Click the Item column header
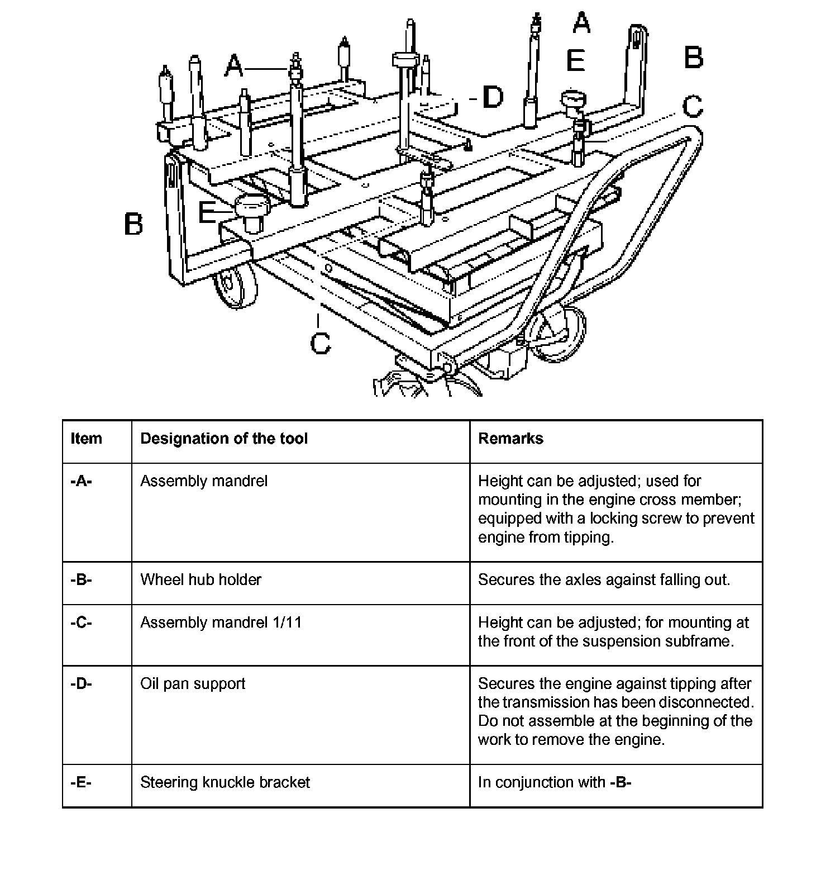[87, 439]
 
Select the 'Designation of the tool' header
[224, 439]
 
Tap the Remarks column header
[510, 439]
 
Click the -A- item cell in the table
[82, 481]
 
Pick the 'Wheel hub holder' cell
[201, 579]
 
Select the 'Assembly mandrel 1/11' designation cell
[221, 622]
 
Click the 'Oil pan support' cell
[193, 684]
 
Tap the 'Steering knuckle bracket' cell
[225, 782]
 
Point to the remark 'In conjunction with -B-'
[555, 782]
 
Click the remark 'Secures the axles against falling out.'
[604, 579]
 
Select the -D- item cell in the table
[82, 684]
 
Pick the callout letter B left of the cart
[133, 224]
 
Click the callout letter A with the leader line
[235, 67]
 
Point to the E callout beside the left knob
[208, 212]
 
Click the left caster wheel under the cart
[235, 285]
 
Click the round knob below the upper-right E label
[574, 102]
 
